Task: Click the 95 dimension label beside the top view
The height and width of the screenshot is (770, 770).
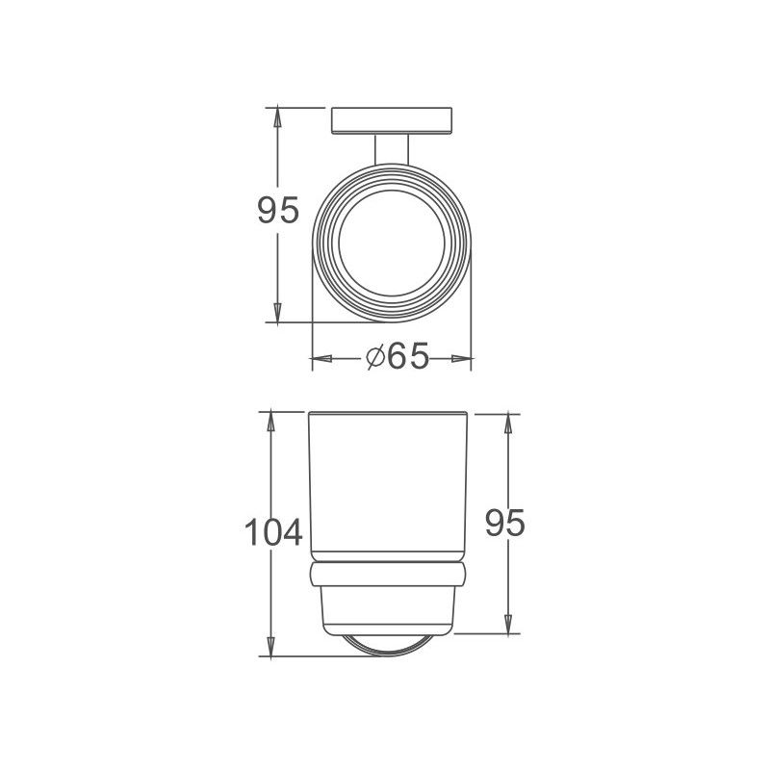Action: [x=278, y=210]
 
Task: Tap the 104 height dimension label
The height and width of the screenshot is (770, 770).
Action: [x=273, y=532]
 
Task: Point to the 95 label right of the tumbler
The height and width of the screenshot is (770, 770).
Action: [x=504, y=524]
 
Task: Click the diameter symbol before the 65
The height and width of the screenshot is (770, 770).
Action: [x=376, y=358]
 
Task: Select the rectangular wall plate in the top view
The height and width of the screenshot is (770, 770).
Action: [x=391, y=120]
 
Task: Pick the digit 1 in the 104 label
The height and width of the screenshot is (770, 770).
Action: [x=250, y=532]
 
